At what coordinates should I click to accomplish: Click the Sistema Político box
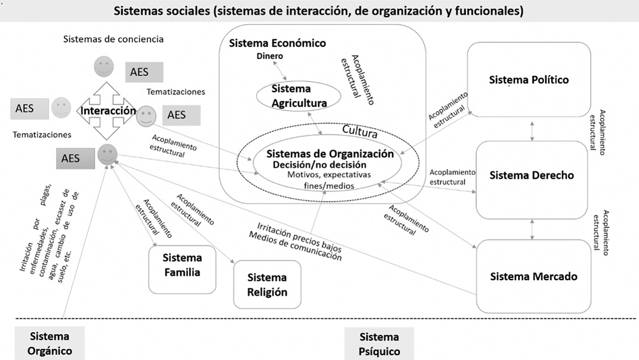(528, 79)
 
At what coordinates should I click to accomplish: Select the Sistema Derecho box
(531, 176)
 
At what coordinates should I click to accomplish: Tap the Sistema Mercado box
(533, 276)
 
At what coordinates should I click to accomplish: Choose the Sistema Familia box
(181, 265)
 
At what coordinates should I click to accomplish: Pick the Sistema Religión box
(267, 284)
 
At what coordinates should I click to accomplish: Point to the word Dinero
(270, 56)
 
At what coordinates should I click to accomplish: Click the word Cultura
(360, 129)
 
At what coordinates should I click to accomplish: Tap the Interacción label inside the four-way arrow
(108, 111)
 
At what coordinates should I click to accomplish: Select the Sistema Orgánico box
(50, 343)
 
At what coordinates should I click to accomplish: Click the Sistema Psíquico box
(379, 343)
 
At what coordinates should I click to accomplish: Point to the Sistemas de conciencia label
(113, 40)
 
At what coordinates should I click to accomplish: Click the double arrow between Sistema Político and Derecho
(534, 131)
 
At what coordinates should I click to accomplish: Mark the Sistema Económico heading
(277, 43)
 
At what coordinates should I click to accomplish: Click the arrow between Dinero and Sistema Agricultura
(285, 71)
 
